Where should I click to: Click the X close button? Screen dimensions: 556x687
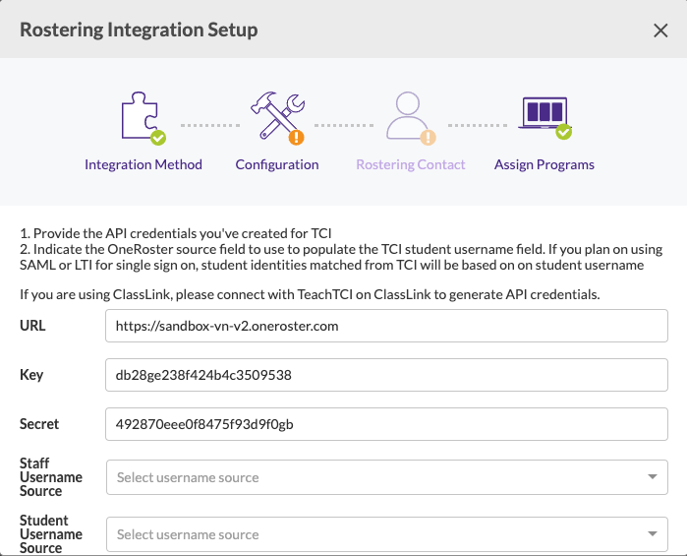tap(660, 31)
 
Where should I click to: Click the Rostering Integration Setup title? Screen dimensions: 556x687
tap(139, 30)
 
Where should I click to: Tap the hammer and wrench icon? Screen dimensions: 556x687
tap(275, 115)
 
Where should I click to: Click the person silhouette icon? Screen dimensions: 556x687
tap(408, 116)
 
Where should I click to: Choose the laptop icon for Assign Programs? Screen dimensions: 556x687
tap(543, 115)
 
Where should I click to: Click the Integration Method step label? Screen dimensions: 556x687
tap(143, 164)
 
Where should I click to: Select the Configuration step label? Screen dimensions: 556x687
tap(277, 164)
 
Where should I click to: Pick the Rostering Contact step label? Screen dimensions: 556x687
tap(411, 164)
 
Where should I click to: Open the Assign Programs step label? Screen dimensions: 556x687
tap(544, 164)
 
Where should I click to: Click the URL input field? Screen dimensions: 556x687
tap(386, 325)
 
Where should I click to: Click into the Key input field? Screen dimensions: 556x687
tap(386, 375)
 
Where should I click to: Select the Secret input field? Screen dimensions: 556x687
tap(386, 424)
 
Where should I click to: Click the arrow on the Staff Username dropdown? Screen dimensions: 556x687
tap(652, 477)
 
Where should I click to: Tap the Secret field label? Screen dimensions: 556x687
tap(39, 424)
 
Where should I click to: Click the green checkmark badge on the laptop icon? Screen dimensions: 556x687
tap(563, 131)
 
